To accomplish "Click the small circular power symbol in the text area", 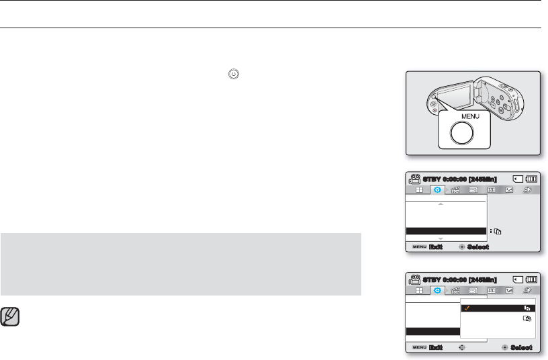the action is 232,75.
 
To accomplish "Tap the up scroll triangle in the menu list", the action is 440,204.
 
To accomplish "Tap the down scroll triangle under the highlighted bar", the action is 440,238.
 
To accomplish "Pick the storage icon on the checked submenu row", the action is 527,308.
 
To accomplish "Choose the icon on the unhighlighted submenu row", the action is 527,320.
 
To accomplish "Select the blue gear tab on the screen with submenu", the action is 438,290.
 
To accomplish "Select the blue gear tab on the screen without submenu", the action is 438,190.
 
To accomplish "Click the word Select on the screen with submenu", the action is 521,348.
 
